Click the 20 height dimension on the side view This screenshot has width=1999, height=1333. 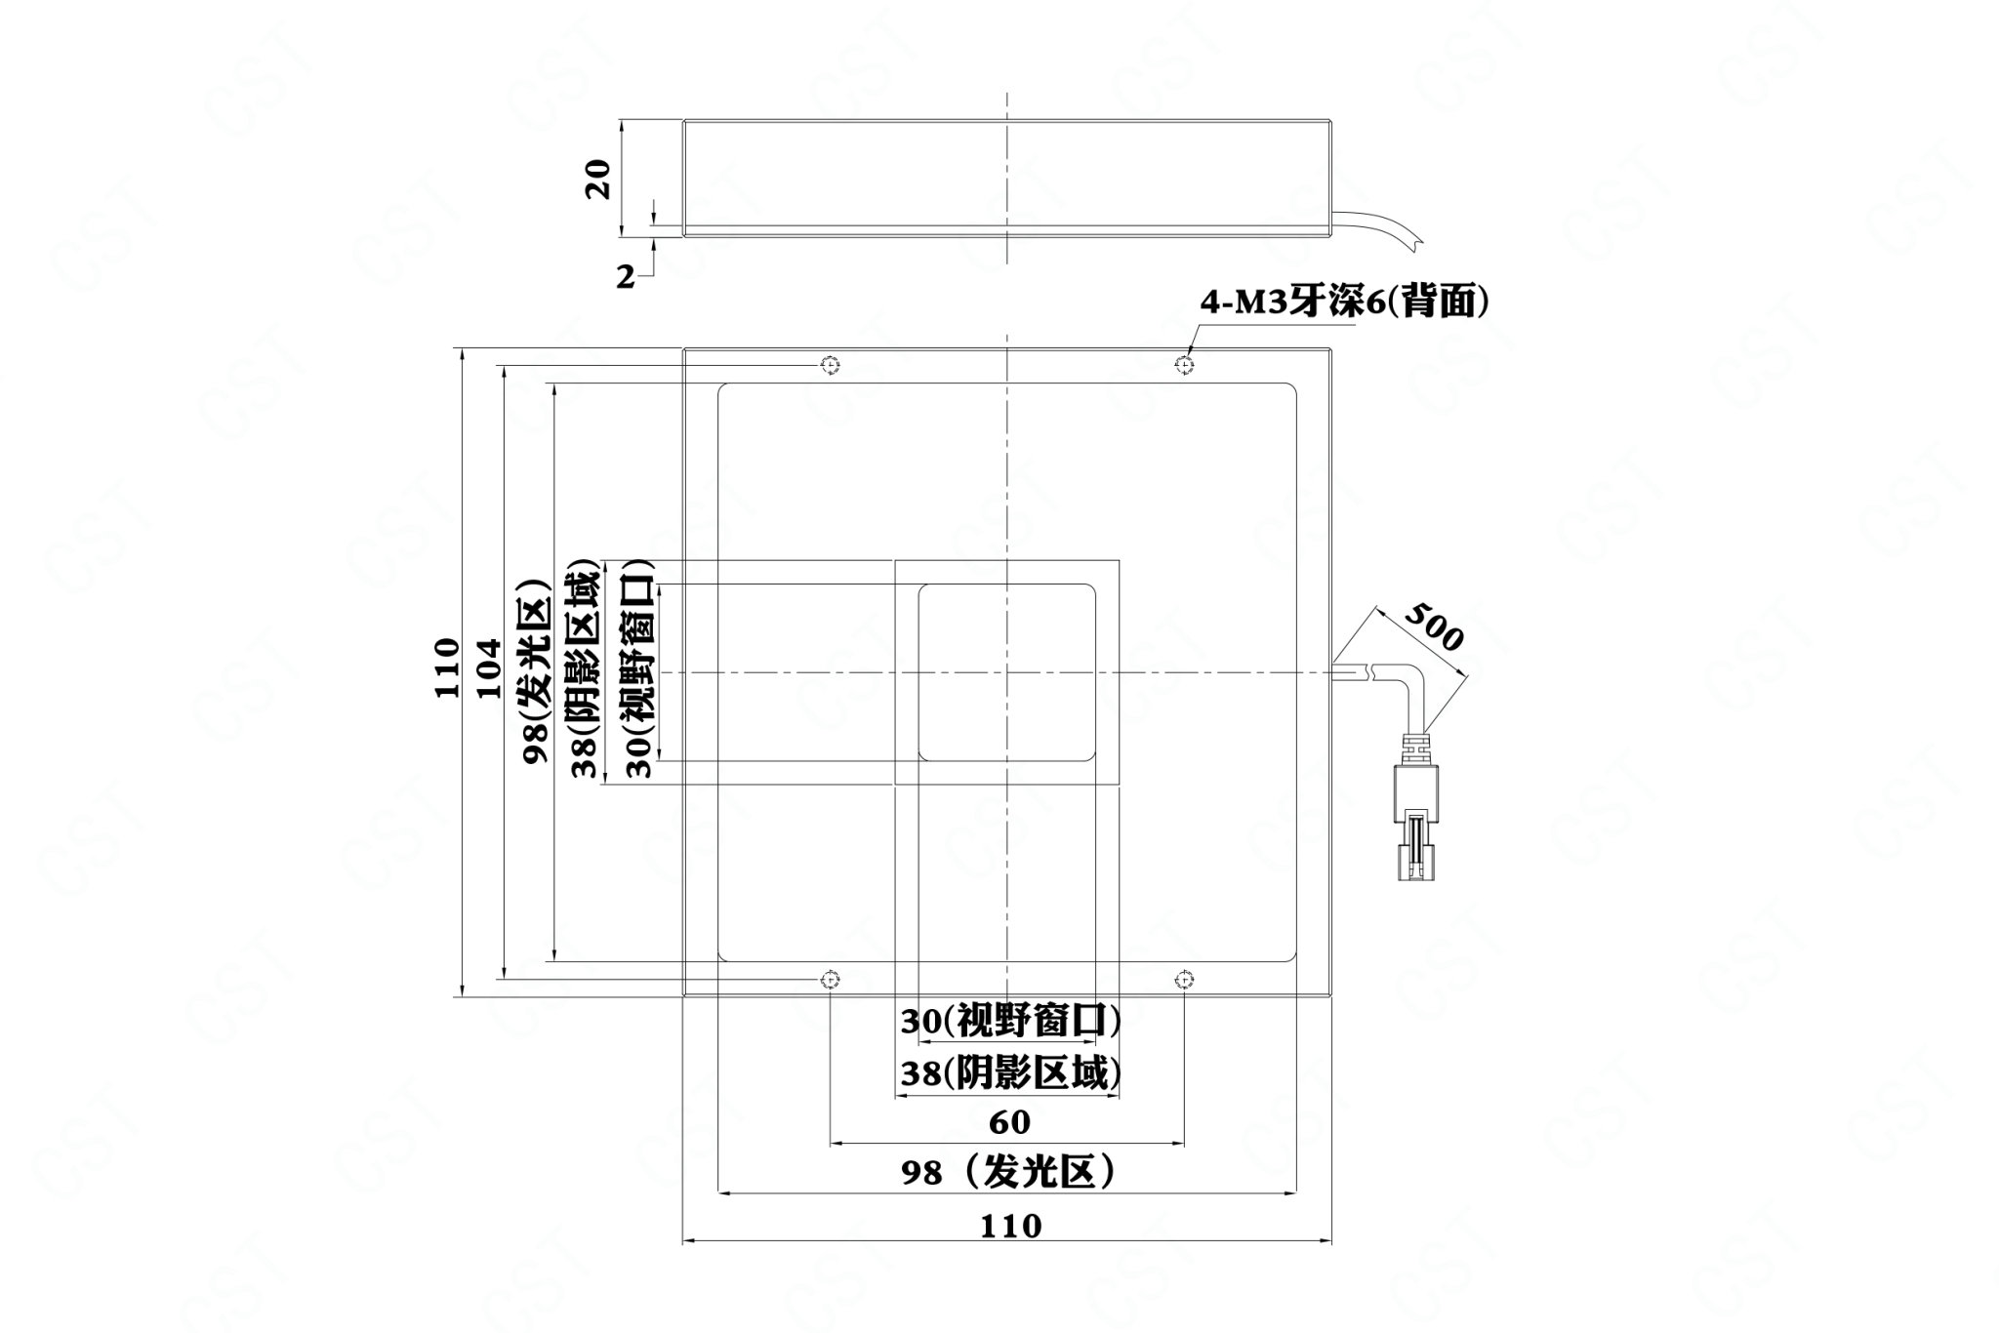598,179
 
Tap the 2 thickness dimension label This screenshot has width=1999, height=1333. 625,277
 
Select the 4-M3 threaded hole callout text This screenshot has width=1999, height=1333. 1344,304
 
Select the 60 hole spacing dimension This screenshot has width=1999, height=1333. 1009,1122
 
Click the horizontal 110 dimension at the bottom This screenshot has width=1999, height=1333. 1010,1225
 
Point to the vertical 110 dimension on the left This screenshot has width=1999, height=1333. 447,667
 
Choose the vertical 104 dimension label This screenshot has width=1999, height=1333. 490,667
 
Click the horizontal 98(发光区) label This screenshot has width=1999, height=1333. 1008,1172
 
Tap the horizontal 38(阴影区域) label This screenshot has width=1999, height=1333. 1009,1073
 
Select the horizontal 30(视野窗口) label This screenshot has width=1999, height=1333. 1009,1022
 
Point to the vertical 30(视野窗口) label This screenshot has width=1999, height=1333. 638,668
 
